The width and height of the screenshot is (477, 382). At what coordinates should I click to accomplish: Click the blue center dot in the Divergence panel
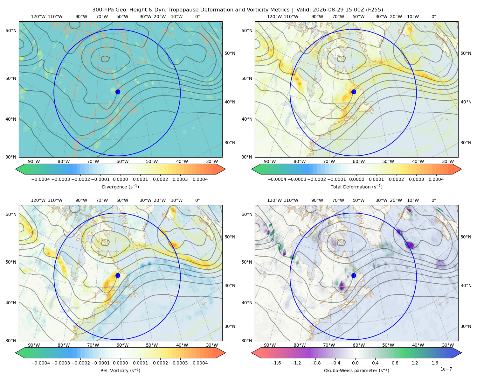click(x=118, y=92)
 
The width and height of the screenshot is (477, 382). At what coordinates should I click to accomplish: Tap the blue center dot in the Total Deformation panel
click(x=354, y=92)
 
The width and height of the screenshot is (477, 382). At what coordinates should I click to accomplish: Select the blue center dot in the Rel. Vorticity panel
click(x=118, y=275)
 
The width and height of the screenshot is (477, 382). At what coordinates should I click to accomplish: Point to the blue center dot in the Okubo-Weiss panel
click(x=354, y=275)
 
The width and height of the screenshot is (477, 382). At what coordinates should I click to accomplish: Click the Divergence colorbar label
click(x=120, y=187)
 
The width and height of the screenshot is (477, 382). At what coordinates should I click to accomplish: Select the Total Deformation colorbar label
click(x=356, y=187)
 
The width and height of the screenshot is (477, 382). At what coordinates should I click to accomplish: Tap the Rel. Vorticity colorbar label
click(x=120, y=371)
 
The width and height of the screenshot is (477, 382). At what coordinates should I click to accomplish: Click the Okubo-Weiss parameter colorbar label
click(x=356, y=371)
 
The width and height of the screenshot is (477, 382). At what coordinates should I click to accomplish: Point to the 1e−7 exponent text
click(x=446, y=369)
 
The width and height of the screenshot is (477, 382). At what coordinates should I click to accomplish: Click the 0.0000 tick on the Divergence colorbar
click(x=120, y=179)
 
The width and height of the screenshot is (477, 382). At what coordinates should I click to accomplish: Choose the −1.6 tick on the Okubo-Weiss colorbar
click(x=276, y=363)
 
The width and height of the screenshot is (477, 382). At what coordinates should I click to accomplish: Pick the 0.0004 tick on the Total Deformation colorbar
click(x=436, y=179)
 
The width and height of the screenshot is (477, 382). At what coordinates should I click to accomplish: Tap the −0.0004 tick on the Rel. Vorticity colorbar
click(x=41, y=363)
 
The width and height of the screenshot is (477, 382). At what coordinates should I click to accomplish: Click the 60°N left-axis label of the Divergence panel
click(x=11, y=31)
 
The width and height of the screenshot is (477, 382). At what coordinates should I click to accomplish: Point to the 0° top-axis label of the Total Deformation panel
click(x=434, y=17)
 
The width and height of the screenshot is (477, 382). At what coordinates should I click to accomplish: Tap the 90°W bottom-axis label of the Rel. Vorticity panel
click(x=34, y=345)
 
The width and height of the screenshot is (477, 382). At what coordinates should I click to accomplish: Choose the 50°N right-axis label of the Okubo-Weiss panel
click(x=466, y=237)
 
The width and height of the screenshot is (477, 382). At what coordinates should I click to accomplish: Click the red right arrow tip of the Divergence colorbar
click(x=225, y=169)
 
